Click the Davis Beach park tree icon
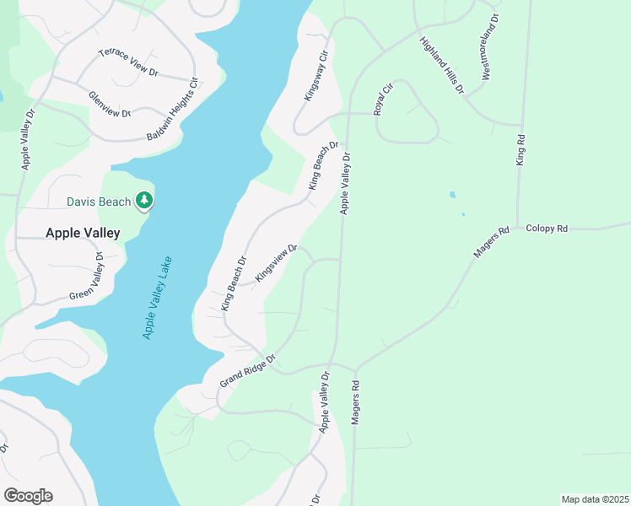point(145,200)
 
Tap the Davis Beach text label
point(100,202)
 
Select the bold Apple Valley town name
point(83,232)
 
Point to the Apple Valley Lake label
point(157,297)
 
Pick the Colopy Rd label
point(548,229)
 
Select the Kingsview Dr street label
point(277,263)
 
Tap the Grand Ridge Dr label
point(248,370)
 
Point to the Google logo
point(28,496)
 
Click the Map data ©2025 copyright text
point(595,499)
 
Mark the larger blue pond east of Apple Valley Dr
point(453,195)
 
